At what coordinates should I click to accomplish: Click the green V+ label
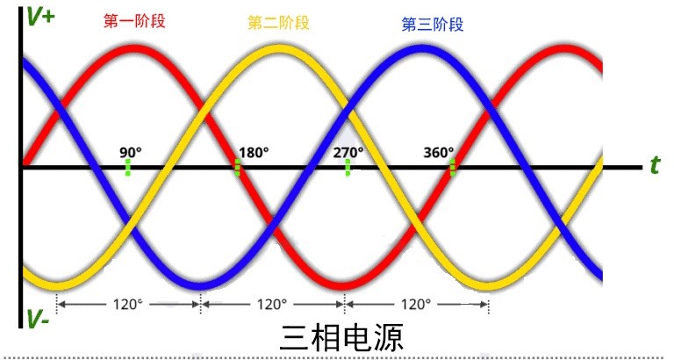40,17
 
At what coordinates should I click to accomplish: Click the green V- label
38,319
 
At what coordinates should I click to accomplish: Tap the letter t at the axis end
655,164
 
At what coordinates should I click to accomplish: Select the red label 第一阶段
134,21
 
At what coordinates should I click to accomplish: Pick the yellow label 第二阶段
278,22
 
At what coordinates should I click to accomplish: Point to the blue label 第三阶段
433,24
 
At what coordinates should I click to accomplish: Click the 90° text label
131,152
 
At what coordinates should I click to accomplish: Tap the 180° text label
254,152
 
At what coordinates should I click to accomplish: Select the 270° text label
348,152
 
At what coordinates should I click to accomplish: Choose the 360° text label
439,152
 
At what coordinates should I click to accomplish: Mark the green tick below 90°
127,168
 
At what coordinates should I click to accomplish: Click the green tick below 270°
348,168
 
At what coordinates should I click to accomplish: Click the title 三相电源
341,338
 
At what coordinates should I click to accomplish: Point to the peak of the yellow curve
272,49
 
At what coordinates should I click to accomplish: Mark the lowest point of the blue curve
200,285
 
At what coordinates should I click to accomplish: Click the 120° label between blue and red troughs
272,304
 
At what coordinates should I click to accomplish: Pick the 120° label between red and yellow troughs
416,304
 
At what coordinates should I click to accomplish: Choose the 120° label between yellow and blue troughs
128,304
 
